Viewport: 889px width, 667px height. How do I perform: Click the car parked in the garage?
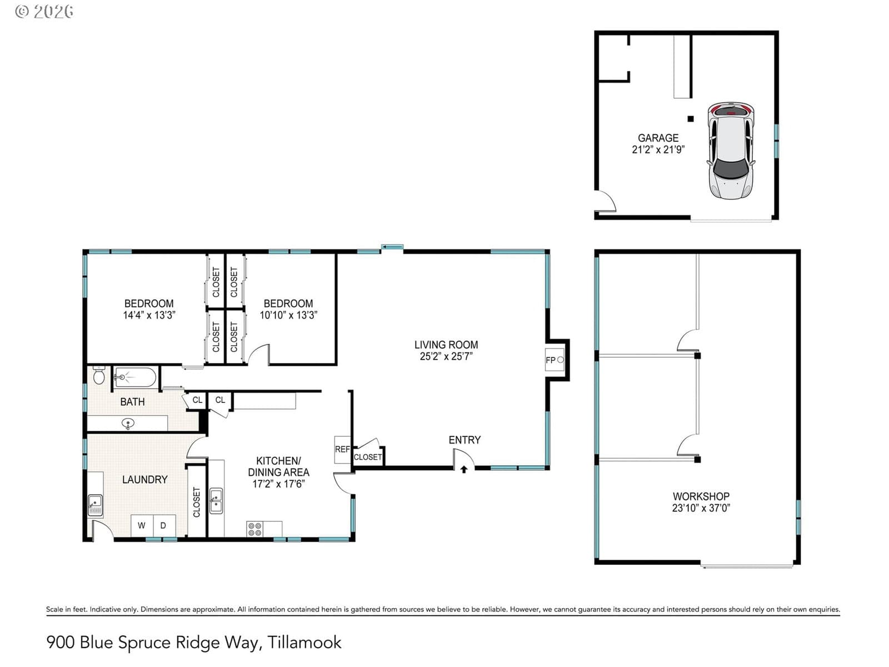point(730,150)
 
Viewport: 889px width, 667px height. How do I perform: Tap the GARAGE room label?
point(658,138)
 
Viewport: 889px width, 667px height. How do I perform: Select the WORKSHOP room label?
point(701,496)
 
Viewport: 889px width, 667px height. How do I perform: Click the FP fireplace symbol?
point(554,360)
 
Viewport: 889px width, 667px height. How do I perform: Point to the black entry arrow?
point(464,469)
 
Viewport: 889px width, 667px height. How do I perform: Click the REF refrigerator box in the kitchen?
point(342,450)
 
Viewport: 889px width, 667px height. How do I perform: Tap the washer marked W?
point(142,526)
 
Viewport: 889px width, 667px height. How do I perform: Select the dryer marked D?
point(164,526)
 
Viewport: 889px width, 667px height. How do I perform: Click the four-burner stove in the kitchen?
point(254,529)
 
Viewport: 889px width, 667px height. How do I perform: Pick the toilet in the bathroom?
point(99,375)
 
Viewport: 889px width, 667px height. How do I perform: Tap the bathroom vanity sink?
point(128,424)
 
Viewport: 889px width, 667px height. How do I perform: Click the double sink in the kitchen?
point(216,501)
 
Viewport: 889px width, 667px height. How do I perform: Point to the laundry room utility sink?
point(95,505)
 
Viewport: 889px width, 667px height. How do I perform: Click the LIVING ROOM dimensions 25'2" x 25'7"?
point(446,356)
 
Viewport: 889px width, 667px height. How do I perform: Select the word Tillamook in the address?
point(304,643)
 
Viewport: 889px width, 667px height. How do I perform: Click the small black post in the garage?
point(691,118)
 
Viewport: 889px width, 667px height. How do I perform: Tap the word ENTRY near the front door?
point(465,440)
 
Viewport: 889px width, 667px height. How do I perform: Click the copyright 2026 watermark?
point(44,12)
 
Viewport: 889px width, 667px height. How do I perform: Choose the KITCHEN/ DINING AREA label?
point(278,466)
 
